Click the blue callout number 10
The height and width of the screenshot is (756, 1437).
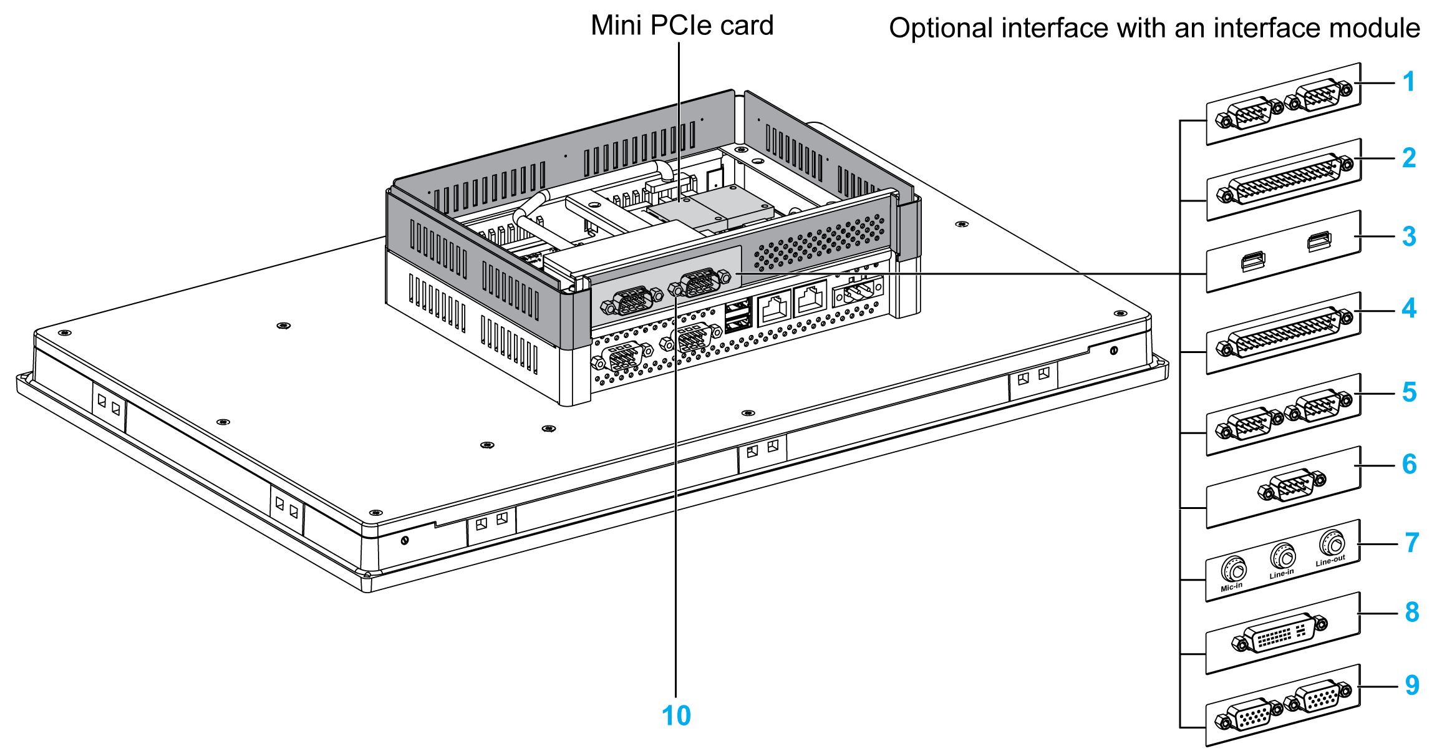tap(676, 716)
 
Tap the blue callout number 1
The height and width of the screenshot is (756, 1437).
tap(1408, 82)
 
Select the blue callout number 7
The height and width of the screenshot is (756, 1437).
tap(1412, 543)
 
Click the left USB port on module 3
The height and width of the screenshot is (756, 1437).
tap(1252, 261)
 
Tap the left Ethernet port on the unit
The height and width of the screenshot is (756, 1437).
tap(774, 307)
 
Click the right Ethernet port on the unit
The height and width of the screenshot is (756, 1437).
tap(810, 299)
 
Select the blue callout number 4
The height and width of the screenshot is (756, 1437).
tap(1409, 308)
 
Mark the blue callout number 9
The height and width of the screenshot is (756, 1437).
tap(1412, 685)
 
